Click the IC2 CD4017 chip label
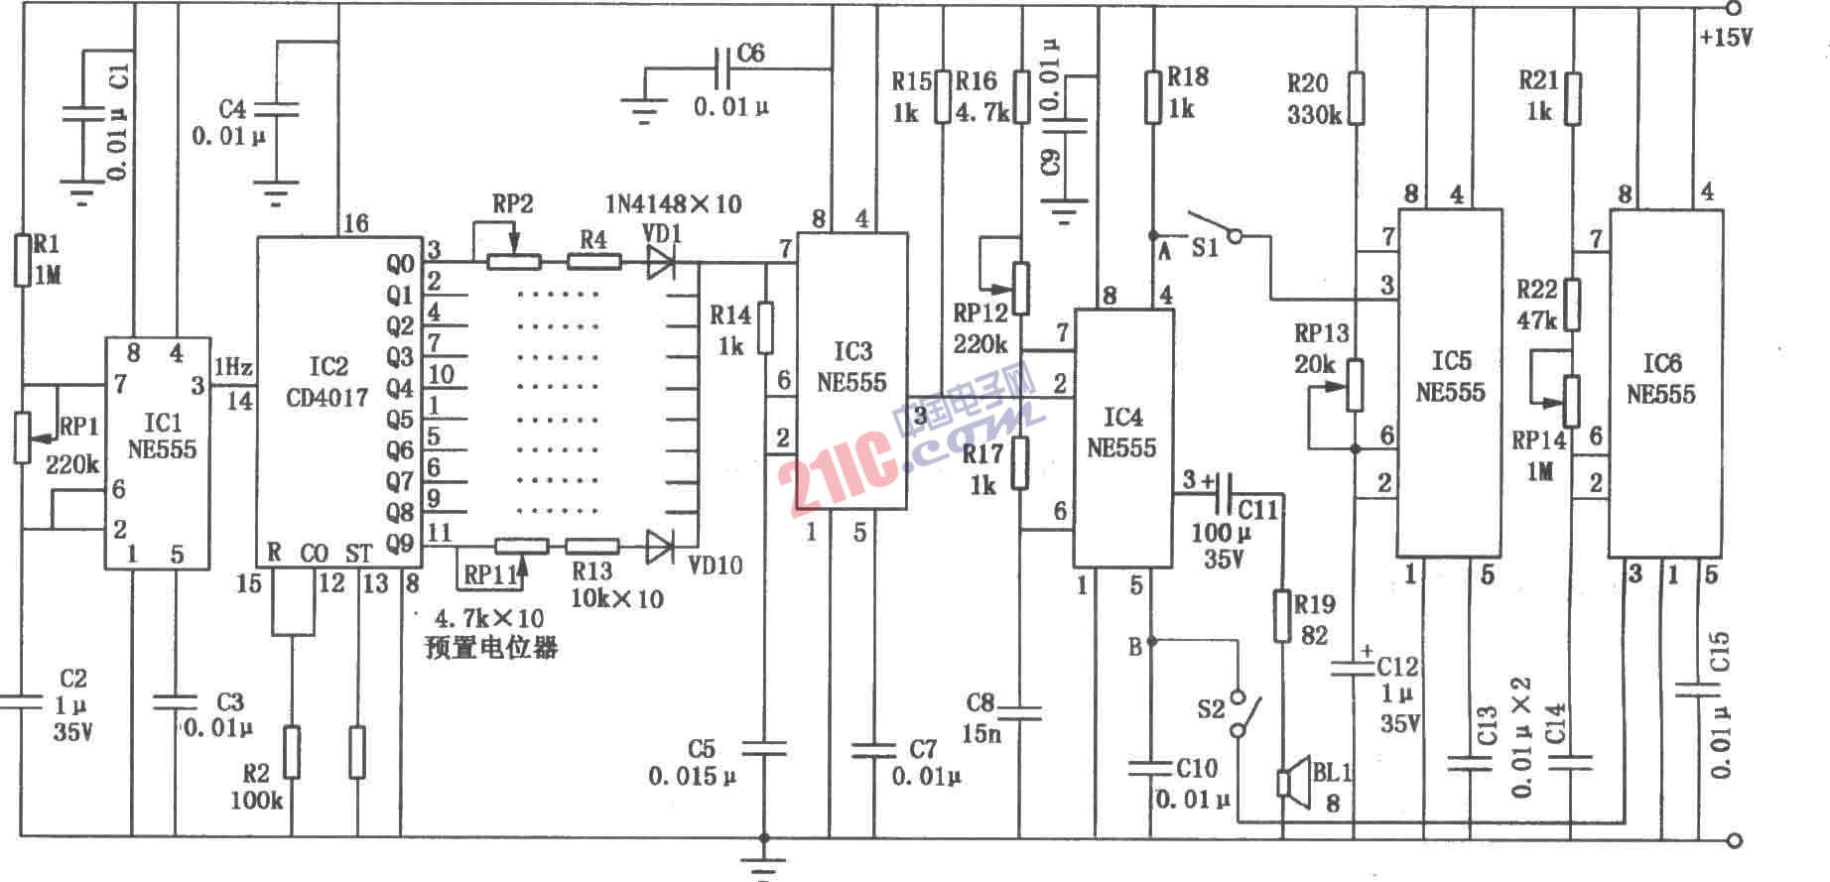(x=327, y=382)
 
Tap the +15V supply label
(x=1726, y=38)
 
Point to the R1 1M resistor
(x=22, y=260)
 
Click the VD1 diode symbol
(x=661, y=262)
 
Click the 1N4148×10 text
(x=674, y=204)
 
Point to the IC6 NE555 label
(x=1661, y=379)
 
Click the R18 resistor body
(x=1152, y=96)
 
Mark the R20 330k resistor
(x=1357, y=98)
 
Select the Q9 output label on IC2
(x=400, y=543)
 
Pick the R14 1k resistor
(x=765, y=328)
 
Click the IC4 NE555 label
(x=1121, y=433)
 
